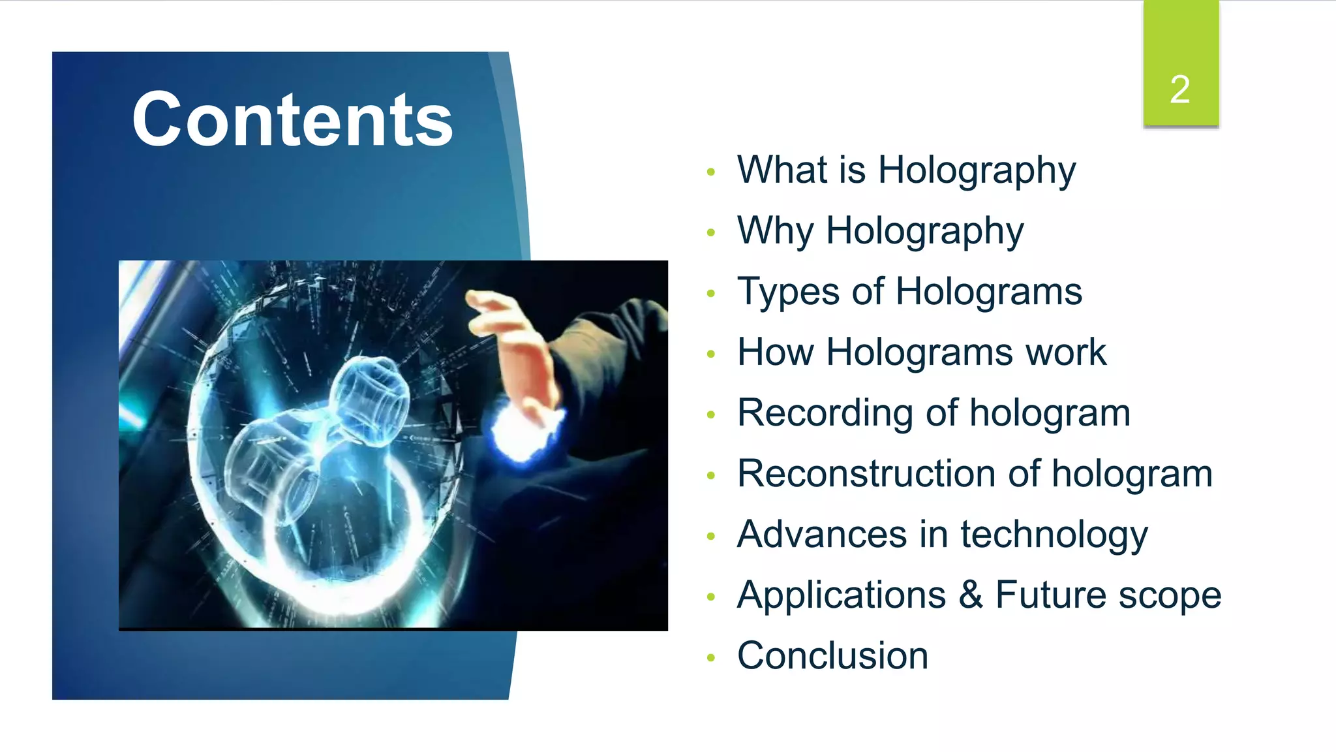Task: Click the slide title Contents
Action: coord(292,120)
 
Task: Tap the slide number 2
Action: coord(1179,89)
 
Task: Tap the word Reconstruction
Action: coord(866,474)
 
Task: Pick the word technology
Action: coord(1054,536)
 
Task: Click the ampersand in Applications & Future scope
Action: coord(971,595)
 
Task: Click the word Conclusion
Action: coord(832,656)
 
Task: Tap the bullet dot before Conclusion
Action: coord(711,658)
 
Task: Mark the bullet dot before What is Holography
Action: coord(711,172)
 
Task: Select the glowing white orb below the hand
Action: coord(522,431)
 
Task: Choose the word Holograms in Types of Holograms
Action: coord(989,292)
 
